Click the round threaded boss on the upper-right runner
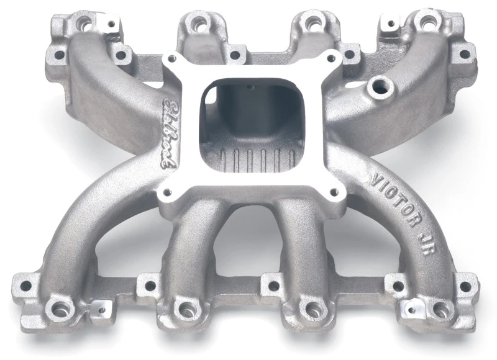pyautogui.click(x=376, y=86)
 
